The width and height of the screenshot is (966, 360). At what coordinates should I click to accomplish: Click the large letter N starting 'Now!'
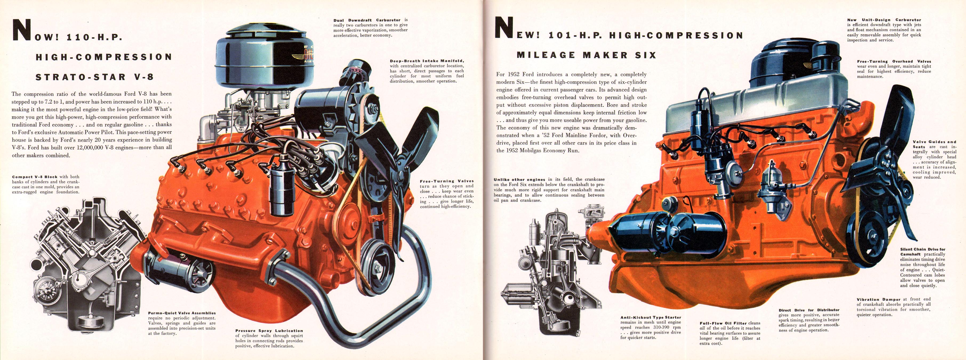pos(22,30)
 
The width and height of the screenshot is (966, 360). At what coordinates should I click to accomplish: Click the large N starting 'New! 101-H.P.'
pos(504,27)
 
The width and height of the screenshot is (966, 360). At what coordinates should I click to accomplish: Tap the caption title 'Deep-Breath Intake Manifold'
pos(427,61)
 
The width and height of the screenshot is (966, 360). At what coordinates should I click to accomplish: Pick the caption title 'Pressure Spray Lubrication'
pos(269,331)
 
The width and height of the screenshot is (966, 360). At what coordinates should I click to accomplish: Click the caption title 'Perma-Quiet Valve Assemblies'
pos(182,313)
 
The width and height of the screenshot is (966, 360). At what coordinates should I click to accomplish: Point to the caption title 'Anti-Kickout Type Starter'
pos(651,317)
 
